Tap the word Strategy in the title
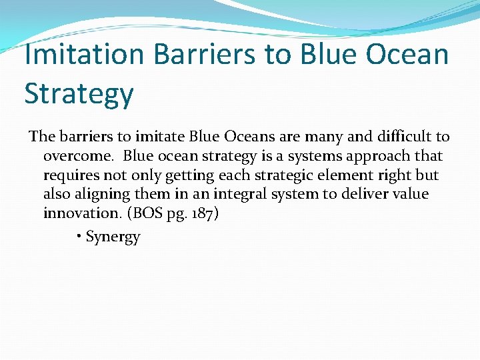79,93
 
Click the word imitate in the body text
160,137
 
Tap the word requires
71,175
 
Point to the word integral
247,195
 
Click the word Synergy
113,237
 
